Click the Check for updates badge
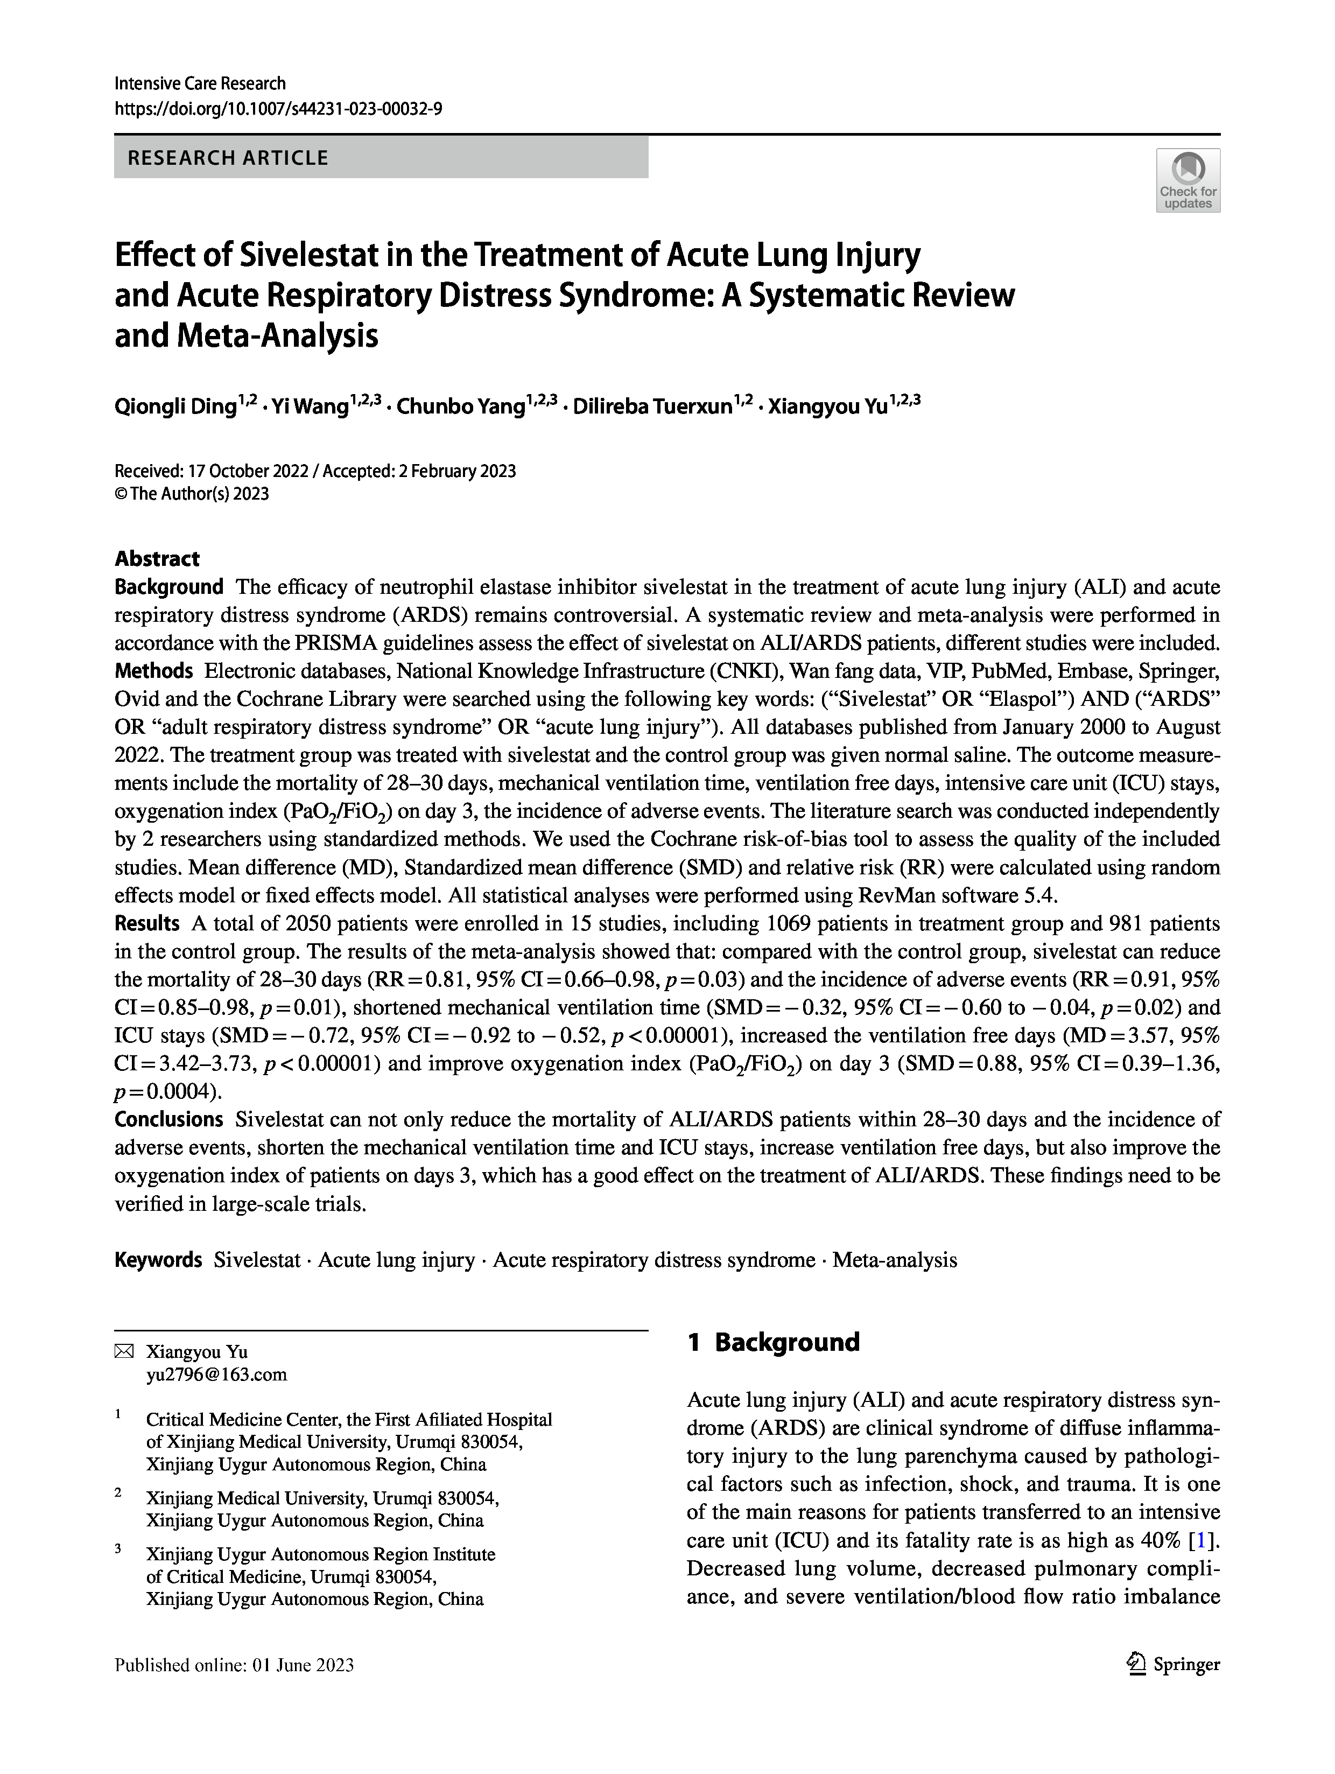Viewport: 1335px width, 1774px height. (x=1188, y=180)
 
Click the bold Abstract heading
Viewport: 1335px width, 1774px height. (x=157, y=558)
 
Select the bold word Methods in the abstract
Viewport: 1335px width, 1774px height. (x=153, y=670)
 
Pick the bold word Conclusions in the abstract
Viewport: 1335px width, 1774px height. (x=168, y=1119)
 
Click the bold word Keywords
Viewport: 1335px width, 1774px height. (x=158, y=1260)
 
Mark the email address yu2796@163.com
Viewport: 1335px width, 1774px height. (x=216, y=1375)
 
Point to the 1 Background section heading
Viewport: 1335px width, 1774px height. (x=773, y=1343)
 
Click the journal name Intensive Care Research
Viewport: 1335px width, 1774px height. (x=200, y=83)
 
